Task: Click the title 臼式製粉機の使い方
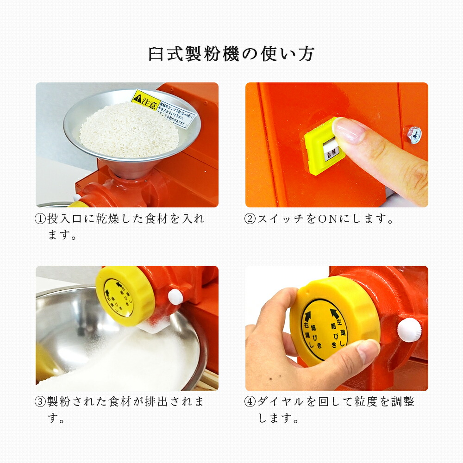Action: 231,54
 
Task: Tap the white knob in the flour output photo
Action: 176,297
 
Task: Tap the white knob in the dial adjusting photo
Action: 409,330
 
